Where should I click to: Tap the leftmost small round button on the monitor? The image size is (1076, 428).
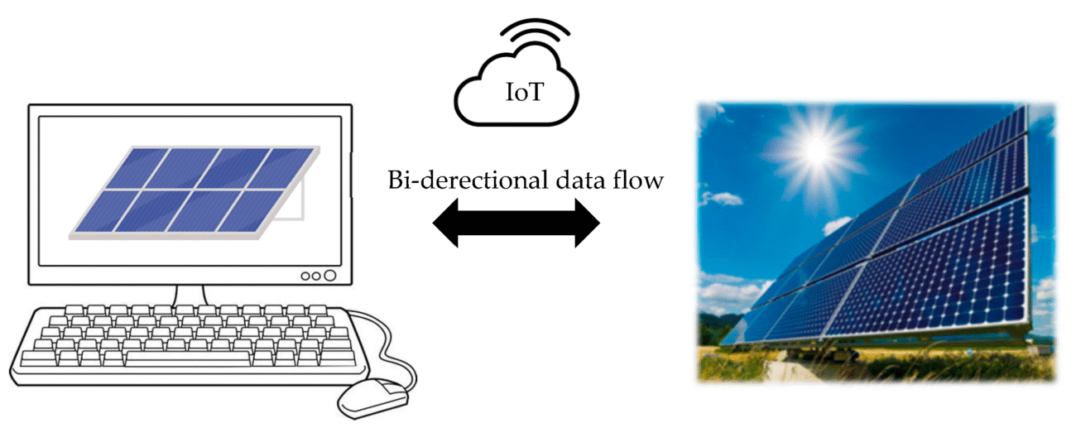pos(305,277)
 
